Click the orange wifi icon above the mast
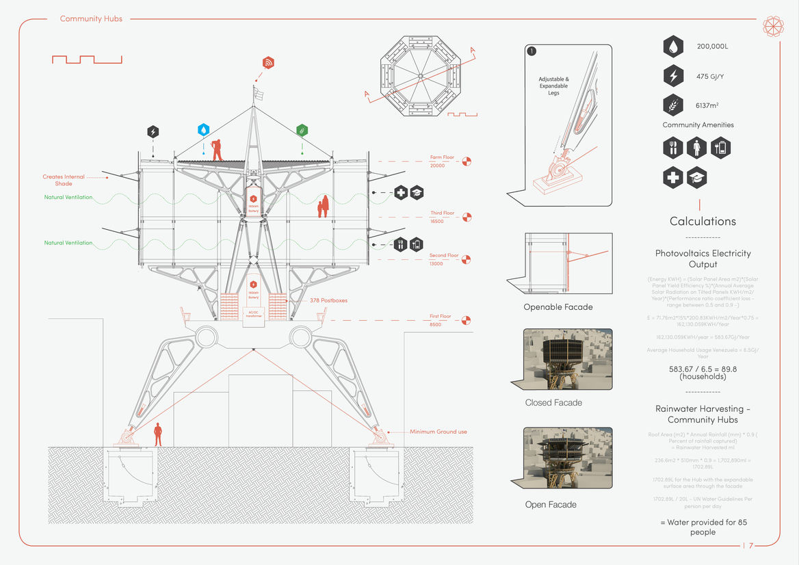(x=268, y=63)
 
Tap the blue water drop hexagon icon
(x=203, y=129)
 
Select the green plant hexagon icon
(x=302, y=129)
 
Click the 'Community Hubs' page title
(x=91, y=18)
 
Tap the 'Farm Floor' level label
(x=442, y=157)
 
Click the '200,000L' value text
(x=712, y=47)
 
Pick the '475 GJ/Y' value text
(x=711, y=76)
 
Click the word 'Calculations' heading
(x=703, y=221)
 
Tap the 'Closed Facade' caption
(x=553, y=403)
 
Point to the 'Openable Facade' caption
(x=558, y=307)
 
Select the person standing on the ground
(x=158, y=434)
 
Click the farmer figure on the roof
(x=217, y=149)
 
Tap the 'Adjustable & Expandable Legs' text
(x=553, y=86)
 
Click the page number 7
(x=750, y=546)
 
